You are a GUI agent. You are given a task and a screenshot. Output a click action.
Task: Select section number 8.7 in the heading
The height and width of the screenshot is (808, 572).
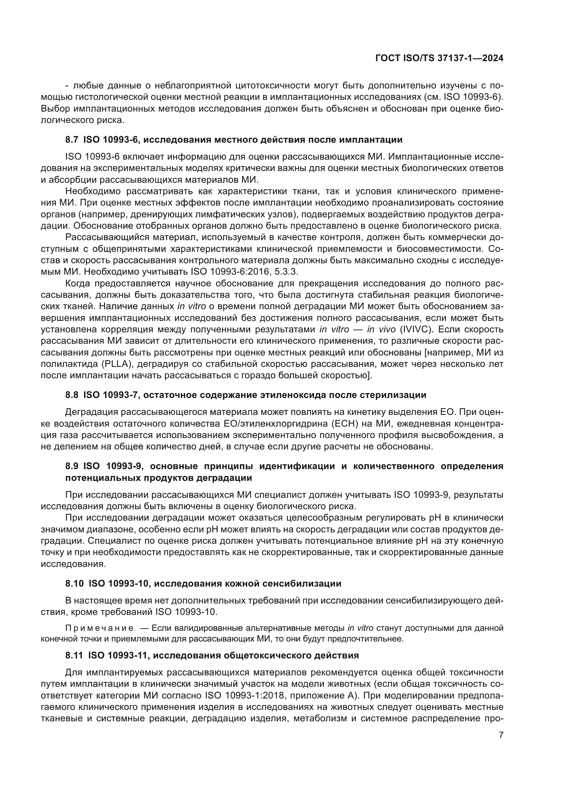72,140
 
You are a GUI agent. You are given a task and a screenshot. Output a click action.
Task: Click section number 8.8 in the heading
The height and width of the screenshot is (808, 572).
72,395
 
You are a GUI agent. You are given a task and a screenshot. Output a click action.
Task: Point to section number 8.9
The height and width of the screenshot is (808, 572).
72,466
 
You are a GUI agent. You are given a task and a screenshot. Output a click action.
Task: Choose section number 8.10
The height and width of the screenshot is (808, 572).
74,583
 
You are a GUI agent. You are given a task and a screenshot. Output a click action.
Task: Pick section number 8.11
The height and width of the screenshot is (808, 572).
74,655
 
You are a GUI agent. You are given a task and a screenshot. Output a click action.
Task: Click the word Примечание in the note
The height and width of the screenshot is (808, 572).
99,628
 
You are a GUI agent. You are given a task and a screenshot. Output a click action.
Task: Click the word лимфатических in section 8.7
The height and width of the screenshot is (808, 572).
218,214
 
